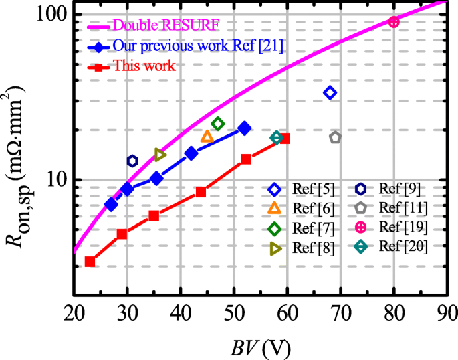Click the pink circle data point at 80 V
click(x=394, y=22)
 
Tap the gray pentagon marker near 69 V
click(x=335, y=137)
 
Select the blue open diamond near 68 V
click(x=330, y=92)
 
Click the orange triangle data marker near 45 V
click(x=207, y=137)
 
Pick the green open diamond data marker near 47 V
click(x=218, y=124)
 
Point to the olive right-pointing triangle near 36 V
click(x=160, y=155)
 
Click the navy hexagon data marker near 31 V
click(x=132, y=161)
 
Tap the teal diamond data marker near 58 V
click(x=276, y=137)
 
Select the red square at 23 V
click(x=90, y=262)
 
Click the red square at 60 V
click(x=285, y=139)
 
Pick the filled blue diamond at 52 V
click(x=245, y=128)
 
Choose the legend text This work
click(x=144, y=66)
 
